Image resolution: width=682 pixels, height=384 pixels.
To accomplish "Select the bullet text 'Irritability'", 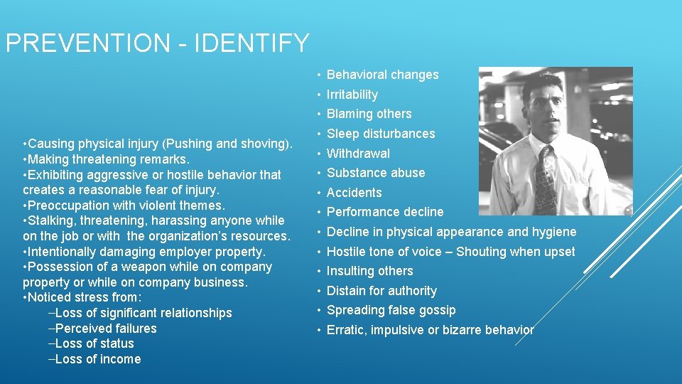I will pyautogui.click(x=352, y=95).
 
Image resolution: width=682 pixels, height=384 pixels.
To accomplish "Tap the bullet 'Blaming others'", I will pyautogui.click(x=369, y=114).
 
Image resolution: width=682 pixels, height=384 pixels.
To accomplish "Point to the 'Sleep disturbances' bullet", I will pyautogui.click(x=380, y=134).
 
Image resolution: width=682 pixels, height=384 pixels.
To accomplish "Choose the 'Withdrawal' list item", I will pyautogui.click(x=358, y=154).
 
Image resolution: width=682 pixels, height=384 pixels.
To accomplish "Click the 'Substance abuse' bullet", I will pyautogui.click(x=375, y=173).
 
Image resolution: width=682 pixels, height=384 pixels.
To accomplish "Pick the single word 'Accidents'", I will pyautogui.click(x=354, y=193).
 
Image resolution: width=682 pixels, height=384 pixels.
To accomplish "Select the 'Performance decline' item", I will pyautogui.click(x=384, y=212).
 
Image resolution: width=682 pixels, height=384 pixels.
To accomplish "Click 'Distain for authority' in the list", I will pyautogui.click(x=381, y=291).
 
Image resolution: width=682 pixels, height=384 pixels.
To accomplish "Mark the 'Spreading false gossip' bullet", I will pyautogui.click(x=391, y=310).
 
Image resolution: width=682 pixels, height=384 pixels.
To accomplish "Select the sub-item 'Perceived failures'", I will pyautogui.click(x=105, y=329).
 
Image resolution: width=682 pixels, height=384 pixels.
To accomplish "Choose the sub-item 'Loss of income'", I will pyautogui.click(x=97, y=359).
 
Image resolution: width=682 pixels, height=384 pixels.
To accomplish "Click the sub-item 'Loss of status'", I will pyautogui.click(x=94, y=343).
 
